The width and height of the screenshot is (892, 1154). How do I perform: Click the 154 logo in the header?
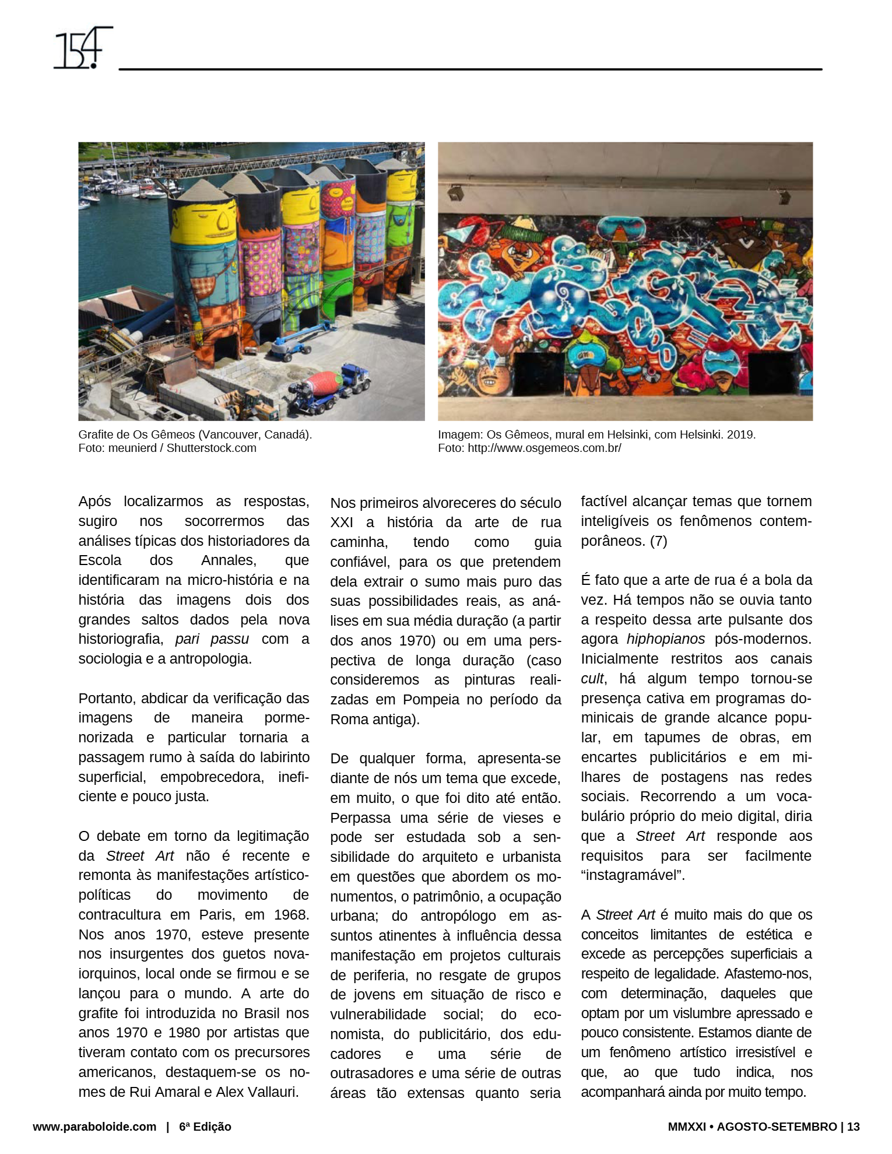point(82,48)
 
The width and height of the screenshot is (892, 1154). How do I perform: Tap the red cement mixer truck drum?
point(325,383)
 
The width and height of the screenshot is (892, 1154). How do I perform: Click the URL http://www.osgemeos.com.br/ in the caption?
point(544,448)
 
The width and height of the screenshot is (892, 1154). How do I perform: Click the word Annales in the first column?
point(228,560)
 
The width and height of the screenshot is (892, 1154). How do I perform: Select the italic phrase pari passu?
point(212,639)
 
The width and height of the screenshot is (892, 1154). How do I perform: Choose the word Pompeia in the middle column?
point(436,699)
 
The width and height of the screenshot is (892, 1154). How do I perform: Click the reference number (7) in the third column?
point(658,541)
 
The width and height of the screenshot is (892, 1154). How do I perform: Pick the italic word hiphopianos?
point(665,639)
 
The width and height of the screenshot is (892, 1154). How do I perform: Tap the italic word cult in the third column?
point(592,679)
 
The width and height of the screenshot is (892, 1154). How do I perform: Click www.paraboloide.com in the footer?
point(94,1127)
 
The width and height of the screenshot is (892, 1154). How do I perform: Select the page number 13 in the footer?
point(853,1127)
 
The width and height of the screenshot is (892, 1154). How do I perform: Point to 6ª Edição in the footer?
point(205,1127)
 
